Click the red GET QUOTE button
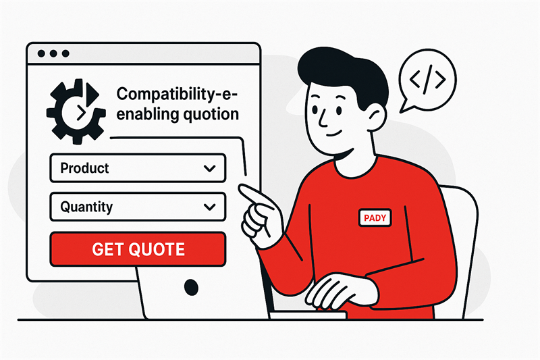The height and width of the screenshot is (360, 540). pos(138,249)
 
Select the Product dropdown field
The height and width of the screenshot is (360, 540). pos(138,168)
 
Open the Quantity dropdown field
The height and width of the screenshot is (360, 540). pos(138,207)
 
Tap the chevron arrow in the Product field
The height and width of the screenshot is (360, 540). pos(209,168)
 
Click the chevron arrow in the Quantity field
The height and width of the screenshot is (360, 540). pos(209,207)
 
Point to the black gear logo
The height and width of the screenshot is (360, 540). pos(76,111)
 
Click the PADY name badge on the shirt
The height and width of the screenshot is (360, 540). pos(375,217)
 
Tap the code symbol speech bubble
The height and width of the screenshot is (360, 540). pos(427,81)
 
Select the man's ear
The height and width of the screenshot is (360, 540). pos(377,116)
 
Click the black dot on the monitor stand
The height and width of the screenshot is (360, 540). pos(191,287)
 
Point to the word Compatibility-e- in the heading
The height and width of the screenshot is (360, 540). pos(177,95)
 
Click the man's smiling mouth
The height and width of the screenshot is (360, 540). pos(334,134)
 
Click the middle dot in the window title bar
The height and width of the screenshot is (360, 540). pos(53,53)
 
